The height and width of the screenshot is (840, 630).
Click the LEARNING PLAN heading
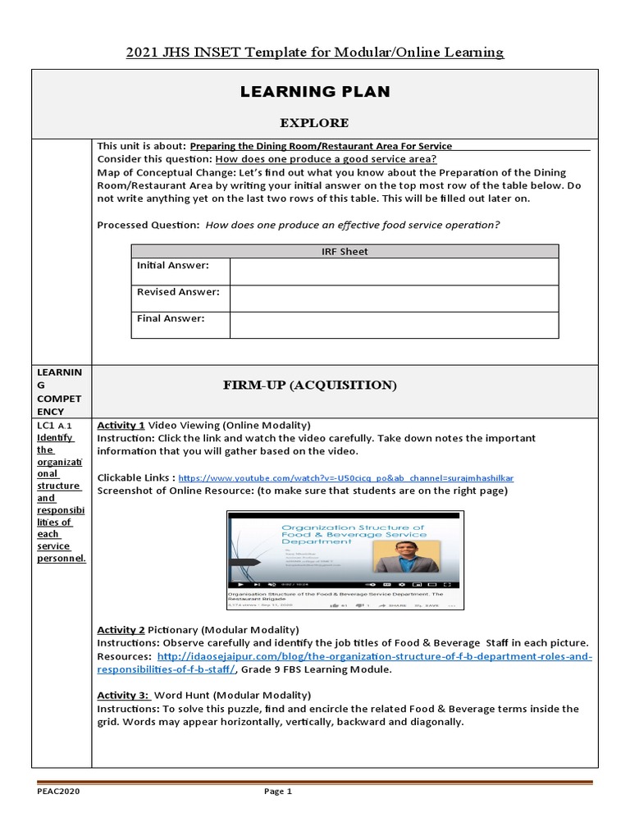click(x=315, y=92)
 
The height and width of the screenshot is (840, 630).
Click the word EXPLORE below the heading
click(x=314, y=123)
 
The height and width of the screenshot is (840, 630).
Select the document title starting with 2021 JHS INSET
click(x=315, y=52)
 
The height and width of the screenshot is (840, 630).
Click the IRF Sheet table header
click(x=345, y=251)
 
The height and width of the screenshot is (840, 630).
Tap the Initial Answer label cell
click(x=173, y=266)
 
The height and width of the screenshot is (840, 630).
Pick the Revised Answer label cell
click(x=178, y=292)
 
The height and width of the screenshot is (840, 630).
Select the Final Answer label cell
click(x=171, y=318)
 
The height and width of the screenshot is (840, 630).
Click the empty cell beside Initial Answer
click(x=394, y=271)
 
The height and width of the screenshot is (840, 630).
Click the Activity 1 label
click(x=121, y=425)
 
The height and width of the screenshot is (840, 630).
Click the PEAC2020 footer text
click(x=58, y=792)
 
